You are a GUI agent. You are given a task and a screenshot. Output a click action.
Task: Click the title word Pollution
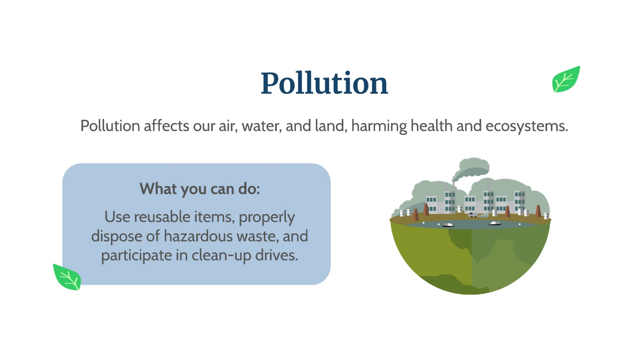[x=324, y=83]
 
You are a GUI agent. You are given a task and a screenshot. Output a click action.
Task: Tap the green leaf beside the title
[x=566, y=80]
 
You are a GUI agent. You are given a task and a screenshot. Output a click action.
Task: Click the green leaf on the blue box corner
[x=67, y=277]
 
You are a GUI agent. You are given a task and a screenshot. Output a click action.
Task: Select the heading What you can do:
[x=199, y=189]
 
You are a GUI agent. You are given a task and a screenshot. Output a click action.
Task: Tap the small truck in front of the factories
[x=473, y=215]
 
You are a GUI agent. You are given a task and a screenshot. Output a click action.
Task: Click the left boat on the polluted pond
[x=448, y=225]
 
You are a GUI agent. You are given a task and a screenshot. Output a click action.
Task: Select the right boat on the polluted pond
[x=495, y=223]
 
